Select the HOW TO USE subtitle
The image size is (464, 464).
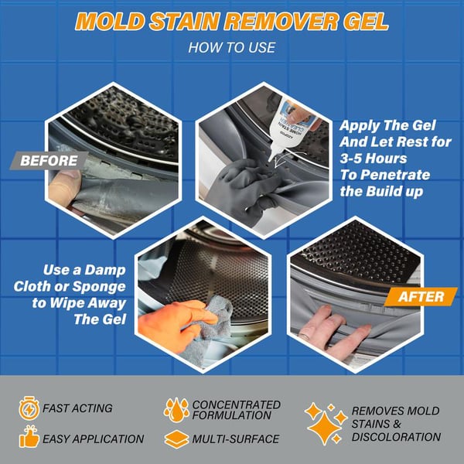point(231,48)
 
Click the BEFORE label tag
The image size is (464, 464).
point(49,161)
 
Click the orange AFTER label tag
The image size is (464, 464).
point(422,296)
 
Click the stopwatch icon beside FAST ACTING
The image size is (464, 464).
point(28,408)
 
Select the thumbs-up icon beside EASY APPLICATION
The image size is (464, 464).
point(28,438)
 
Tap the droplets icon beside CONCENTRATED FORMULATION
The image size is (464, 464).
point(176,408)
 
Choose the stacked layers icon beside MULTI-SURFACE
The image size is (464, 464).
point(176,438)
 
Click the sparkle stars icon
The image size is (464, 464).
point(324,422)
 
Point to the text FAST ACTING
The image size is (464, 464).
point(77,408)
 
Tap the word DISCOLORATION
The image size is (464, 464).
point(397,437)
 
